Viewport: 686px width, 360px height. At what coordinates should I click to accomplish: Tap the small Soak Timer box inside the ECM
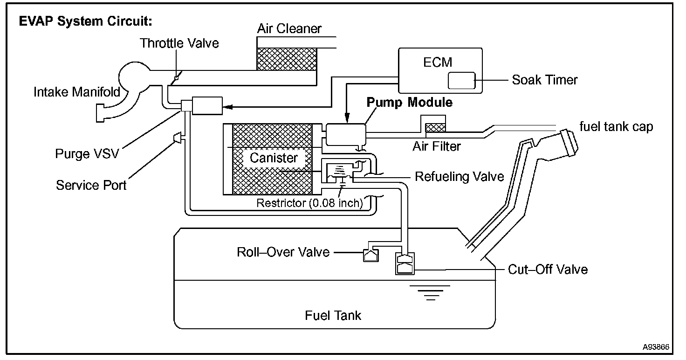[461, 81]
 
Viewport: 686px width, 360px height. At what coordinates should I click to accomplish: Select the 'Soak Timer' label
[544, 80]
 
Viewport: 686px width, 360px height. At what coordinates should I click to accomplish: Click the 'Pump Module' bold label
[409, 102]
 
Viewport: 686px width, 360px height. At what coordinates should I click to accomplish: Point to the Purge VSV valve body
[206, 105]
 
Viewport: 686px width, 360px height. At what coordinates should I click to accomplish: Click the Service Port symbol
[178, 138]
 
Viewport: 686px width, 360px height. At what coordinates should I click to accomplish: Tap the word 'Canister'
[274, 158]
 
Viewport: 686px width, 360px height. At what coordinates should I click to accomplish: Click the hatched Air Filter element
[436, 127]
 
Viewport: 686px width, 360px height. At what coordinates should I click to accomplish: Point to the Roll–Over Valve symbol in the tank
[371, 255]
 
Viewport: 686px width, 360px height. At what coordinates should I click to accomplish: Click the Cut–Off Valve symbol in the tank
[404, 264]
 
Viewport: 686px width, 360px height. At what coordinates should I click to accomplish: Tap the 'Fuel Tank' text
[333, 316]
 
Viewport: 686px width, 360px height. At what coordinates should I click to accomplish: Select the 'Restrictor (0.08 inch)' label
[309, 204]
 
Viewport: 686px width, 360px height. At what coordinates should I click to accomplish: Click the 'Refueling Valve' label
[459, 177]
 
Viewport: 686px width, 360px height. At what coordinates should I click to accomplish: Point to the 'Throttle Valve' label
[179, 43]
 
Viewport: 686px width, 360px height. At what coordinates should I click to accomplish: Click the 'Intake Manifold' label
[77, 92]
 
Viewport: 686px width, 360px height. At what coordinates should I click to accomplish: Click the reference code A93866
[656, 347]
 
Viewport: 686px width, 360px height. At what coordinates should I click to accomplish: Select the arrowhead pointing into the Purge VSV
[227, 107]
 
